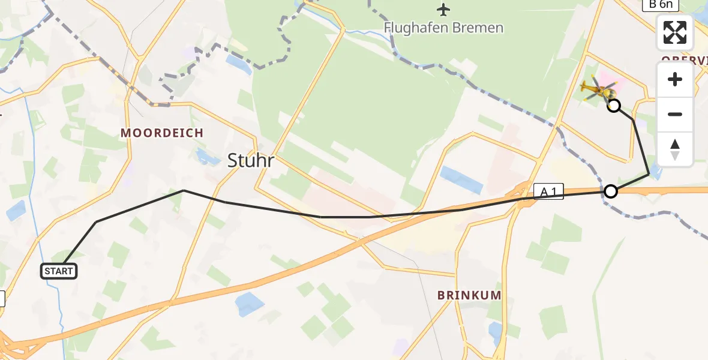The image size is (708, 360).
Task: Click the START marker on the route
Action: coord(59,271)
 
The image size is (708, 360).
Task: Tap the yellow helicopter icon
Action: coord(598,91)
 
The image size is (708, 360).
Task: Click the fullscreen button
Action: coord(675,32)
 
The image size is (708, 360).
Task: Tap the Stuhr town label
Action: coord(250,160)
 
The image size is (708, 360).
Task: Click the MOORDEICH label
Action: coord(161,133)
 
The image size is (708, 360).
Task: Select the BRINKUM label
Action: coord(469,295)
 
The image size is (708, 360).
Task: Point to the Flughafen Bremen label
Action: coord(443,28)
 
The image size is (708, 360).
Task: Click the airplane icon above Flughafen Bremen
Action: coord(443,10)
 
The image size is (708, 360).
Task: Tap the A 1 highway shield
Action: coord(548,192)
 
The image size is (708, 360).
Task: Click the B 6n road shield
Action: coord(661,5)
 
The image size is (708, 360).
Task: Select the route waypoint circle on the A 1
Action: coord(610,191)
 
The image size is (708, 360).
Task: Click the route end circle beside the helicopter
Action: coord(614,106)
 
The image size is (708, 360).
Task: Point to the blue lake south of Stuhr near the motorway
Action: coord(250,304)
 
